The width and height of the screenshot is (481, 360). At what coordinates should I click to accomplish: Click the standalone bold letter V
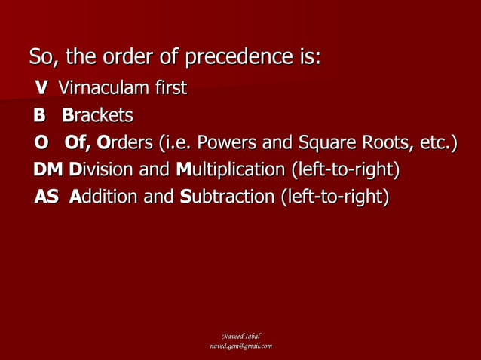tap(41, 89)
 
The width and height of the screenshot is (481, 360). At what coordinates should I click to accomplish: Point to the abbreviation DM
tap(48, 170)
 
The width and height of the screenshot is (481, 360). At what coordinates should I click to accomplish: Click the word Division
tap(102, 170)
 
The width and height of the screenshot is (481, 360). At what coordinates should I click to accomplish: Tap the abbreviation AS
tap(47, 197)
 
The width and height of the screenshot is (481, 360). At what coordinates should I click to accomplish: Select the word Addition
tap(103, 197)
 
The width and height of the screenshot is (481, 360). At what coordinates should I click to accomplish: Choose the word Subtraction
tap(228, 197)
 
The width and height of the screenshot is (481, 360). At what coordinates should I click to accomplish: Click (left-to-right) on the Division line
tap(345, 170)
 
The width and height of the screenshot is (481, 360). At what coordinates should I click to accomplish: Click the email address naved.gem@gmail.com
tap(240, 346)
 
